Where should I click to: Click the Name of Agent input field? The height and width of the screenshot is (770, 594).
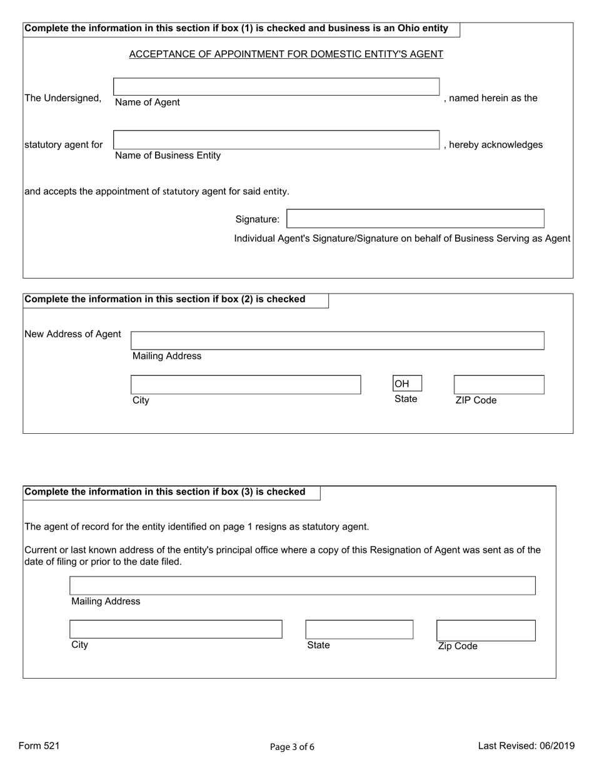[x=276, y=86]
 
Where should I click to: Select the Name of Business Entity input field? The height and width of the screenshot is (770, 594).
[x=276, y=140]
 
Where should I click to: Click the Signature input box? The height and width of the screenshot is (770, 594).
[x=415, y=218]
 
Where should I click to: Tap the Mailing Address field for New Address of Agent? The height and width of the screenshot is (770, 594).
[x=337, y=341]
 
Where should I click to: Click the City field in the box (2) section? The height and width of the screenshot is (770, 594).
[x=246, y=384]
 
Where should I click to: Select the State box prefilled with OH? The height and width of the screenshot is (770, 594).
[x=407, y=383]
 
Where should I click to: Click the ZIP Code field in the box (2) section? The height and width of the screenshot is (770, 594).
[x=498, y=384]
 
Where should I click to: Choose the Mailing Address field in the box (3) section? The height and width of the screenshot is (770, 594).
[x=303, y=585]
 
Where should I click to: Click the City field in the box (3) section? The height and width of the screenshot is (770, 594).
[x=176, y=629]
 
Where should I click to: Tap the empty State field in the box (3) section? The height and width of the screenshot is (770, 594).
[x=359, y=629]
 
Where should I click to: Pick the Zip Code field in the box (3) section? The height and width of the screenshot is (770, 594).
[x=486, y=630]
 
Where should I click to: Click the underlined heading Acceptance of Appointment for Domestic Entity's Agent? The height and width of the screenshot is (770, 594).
[x=286, y=54]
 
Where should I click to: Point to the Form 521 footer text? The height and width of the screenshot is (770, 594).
[x=39, y=746]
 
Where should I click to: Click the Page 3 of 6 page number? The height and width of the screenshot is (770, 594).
[x=292, y=747]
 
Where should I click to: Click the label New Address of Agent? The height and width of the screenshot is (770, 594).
[x=73, y=334]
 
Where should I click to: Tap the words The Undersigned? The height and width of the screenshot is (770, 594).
[x=63, y=98]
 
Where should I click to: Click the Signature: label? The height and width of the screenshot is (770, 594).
[x=257, y=219]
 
